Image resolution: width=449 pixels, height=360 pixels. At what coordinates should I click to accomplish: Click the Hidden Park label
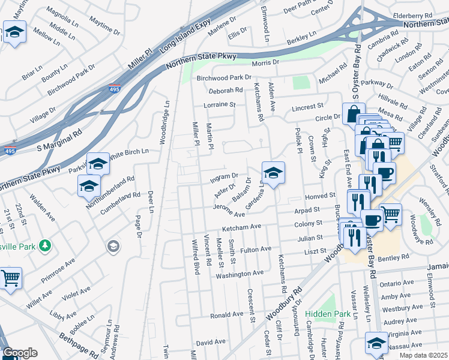[327, 314]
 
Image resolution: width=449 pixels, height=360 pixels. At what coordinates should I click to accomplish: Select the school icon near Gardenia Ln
[273, 173]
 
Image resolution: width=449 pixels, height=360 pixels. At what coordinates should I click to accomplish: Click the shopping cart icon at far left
[10, 278]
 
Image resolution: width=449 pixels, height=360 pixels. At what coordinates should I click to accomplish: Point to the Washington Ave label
[240, 273]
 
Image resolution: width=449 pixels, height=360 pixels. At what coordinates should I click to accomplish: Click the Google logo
[19, 353]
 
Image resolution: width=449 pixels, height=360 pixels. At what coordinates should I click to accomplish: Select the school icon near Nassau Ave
[376, 343]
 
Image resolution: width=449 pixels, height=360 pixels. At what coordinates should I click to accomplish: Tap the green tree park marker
[44, 245]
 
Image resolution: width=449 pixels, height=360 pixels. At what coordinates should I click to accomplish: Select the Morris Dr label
[266, 62]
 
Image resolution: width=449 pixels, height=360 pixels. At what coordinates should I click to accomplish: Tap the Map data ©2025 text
[423, 355]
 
